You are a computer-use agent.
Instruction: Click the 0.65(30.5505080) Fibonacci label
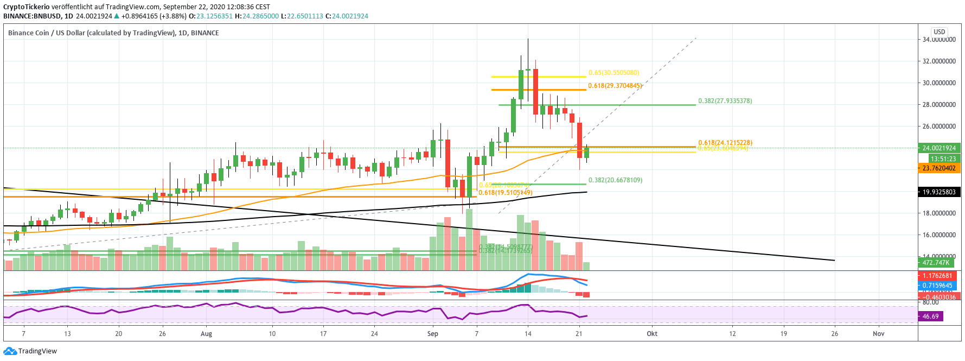(613, 73)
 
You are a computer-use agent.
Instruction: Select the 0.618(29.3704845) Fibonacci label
(616, 86)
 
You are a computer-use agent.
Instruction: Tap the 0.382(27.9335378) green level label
(725, 101)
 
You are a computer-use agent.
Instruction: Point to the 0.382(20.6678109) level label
(615, 180)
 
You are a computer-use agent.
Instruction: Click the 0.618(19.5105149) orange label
(505, 193)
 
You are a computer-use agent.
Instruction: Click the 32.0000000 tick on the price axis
(939, 61)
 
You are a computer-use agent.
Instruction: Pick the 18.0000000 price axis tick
(939, 213)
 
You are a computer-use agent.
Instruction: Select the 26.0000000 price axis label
(939, 126)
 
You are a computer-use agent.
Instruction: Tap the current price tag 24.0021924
(939, 148)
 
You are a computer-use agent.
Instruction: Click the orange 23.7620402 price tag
(939, 168)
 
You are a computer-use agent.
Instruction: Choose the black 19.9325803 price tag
(939, 192)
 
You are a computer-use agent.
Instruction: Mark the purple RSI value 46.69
(930, 316)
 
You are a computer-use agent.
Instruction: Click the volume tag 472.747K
(936, 263)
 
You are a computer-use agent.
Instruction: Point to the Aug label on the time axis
(206, 334)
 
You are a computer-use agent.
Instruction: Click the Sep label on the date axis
(432, 334)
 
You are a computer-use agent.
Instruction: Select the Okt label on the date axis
(652, 334)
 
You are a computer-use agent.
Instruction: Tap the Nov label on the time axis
(878, 334)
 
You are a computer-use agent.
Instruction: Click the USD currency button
(939, 32)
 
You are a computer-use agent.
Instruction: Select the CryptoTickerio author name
(27, 7)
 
